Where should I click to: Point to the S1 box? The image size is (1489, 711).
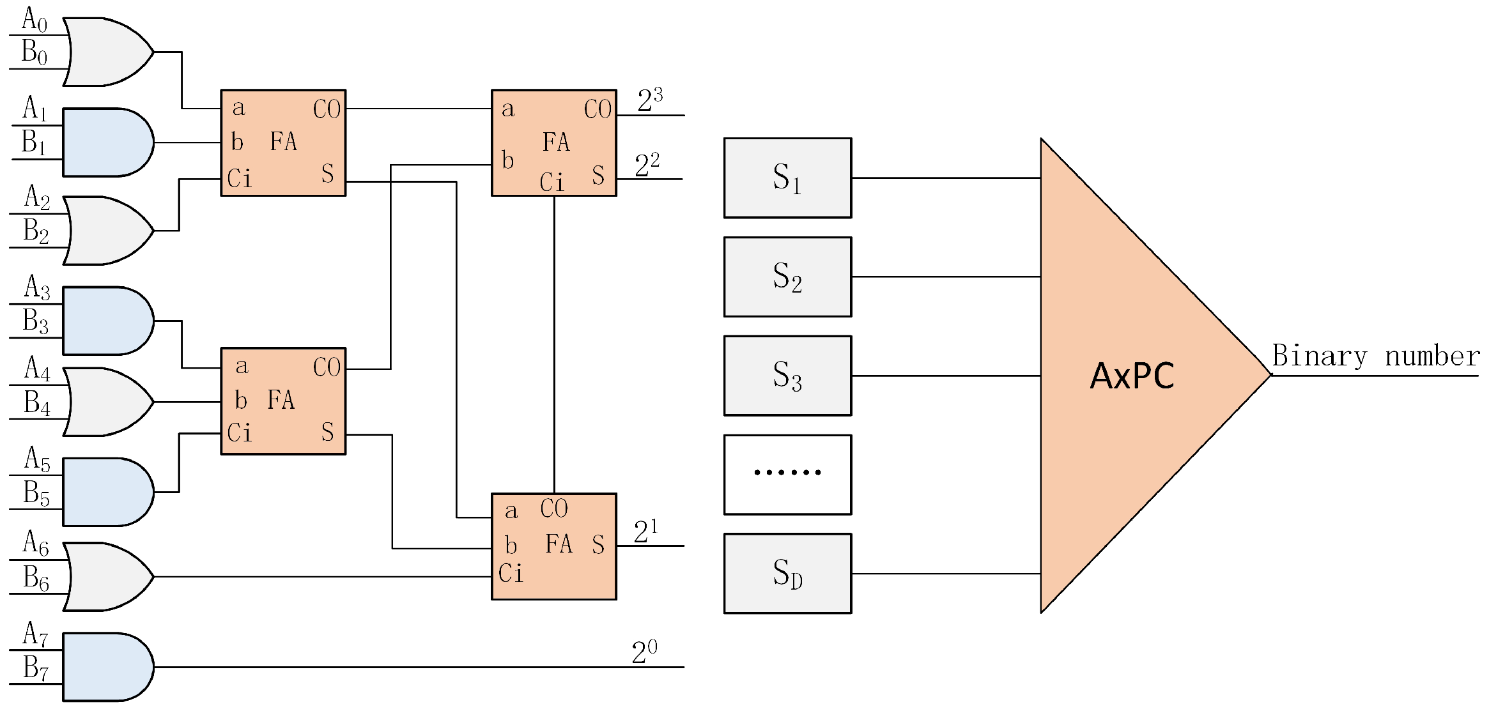(x=787, y=178)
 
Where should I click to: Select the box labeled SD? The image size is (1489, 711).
(x=787, y=574)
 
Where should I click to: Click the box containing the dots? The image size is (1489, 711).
(x=787, y=475)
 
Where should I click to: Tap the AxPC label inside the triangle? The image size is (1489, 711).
(x=1132, y=376)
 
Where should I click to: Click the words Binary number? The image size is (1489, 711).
(x=1375, y=356)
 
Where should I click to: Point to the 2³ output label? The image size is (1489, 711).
(x=650, y=100)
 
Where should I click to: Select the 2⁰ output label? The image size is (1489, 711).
(x=644, y=652)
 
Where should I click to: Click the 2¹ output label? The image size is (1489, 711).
(x=645, y=531)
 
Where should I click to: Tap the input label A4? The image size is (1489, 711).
(x=37, y=369)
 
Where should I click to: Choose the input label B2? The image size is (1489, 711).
(x=36, y=231)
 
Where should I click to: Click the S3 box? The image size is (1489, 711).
(x=787, y=376)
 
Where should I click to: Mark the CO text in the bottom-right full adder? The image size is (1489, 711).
(x=553, y=508)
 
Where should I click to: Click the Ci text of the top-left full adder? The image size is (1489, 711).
(x=240, y=178)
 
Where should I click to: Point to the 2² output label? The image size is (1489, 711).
(x=647, y=165)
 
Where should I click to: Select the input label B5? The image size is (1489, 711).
(x=36, y=493)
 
